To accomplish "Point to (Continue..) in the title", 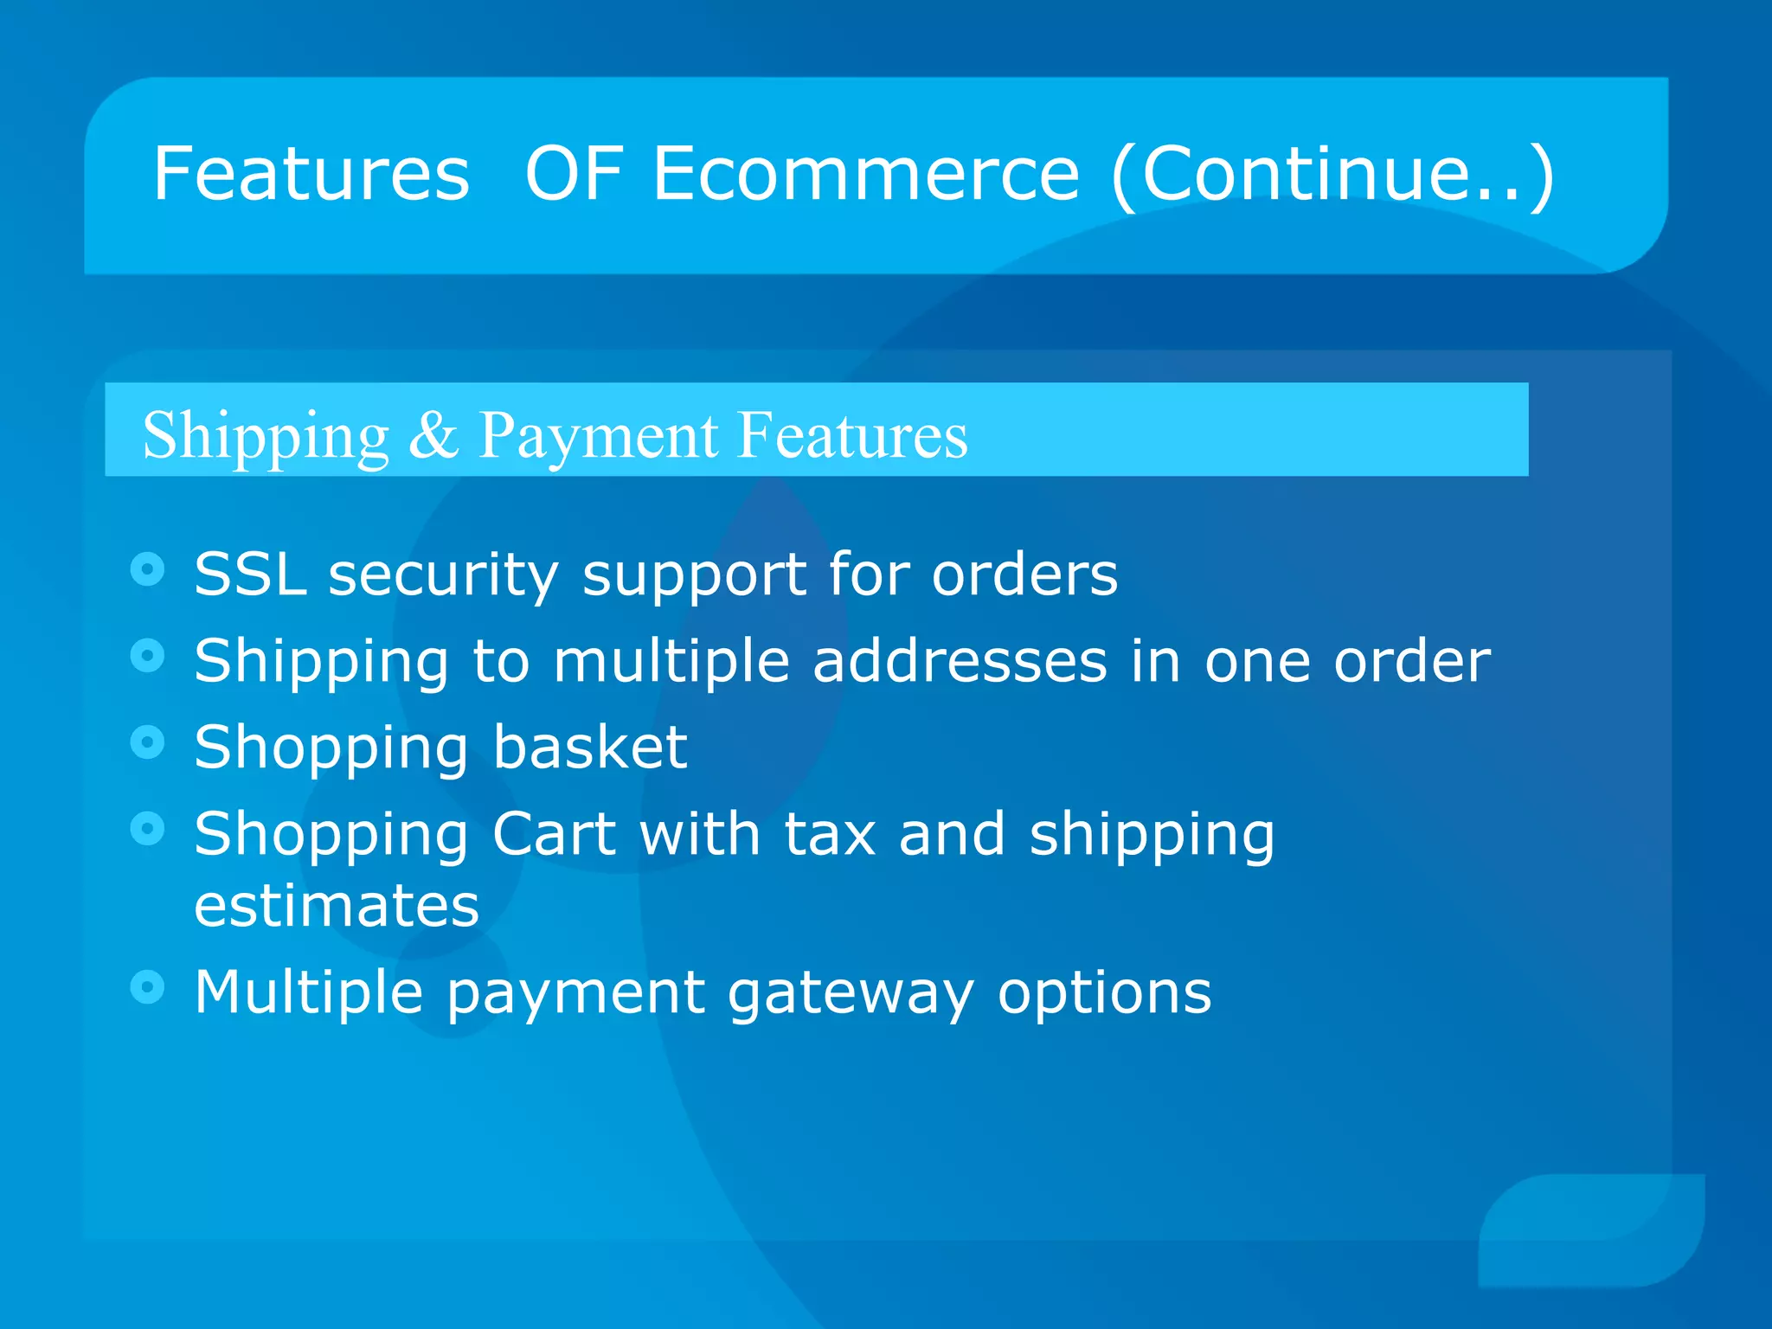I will [x=1332, y=176].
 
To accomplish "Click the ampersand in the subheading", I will [x=433, y=434].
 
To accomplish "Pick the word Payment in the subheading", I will [x=598, y=436].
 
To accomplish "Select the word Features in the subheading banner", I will [x=852, y=434].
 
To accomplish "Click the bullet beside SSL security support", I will [x=148, y=569].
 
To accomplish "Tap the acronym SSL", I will [x=250, y=574].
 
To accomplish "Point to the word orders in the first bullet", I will [x=1024, y=574].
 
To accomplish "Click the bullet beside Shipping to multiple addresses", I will [x=148, y=656].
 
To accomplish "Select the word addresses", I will [x=960, y=661].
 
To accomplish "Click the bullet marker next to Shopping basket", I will [x=148, y=742].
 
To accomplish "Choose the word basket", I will [x=590, y=747].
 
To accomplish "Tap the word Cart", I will [x=554, y=834].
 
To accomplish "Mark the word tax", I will [x=830, y=834].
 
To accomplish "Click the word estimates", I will [x=337, y=905].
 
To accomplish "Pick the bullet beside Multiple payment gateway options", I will [x=148, y=986].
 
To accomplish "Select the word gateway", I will [x=851, y=993].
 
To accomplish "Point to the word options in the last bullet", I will [x=1104, y=993].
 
